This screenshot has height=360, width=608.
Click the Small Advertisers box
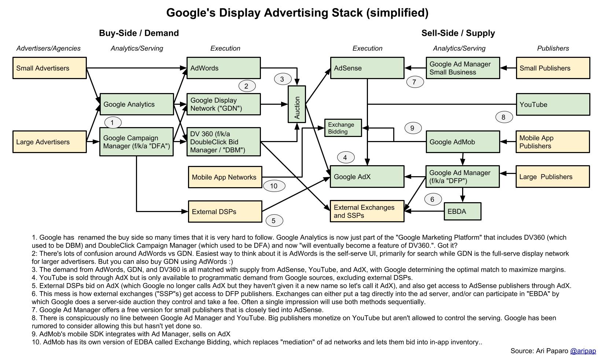pos(49,68)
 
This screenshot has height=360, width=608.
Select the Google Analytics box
pos(137,104)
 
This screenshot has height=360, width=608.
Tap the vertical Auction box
pos(297,104)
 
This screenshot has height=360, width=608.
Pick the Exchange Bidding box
pos(343,128)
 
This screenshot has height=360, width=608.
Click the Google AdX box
pos(367,177)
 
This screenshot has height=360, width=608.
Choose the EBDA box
pos(463,211)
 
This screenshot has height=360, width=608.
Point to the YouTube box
pos(553,104)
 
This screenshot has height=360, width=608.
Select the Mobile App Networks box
pos(225,177)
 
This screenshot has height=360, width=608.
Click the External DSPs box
pos(225,211)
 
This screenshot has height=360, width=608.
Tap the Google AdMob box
pos(463,142)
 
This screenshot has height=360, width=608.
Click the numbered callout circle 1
pos(113,122)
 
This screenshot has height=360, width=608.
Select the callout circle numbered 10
pos(274,186)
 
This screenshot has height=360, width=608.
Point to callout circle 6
pos(432,199)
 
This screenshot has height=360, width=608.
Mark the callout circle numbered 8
pos(504,117)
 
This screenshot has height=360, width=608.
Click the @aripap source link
pos(583,351)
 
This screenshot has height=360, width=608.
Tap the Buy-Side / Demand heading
pos(139,33)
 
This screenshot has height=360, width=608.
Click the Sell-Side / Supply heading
pos(458,33)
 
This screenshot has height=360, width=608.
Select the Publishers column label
pos(553,48)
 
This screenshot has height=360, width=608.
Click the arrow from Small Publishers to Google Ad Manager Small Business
pos(508,68)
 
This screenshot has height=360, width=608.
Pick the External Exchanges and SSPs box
pos(367,211)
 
